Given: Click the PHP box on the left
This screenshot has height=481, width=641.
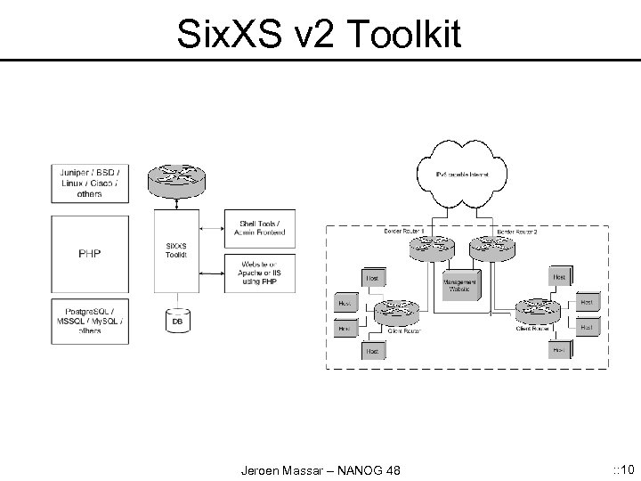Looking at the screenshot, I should pos(90,253).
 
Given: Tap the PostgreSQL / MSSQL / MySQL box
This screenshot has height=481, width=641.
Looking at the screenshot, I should pos(90,320).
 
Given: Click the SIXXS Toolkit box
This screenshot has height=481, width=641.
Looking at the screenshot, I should pos(174,250).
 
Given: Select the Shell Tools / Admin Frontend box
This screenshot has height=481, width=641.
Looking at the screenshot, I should pos(263,228).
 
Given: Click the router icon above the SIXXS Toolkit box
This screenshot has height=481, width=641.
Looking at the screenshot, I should pos(174,179).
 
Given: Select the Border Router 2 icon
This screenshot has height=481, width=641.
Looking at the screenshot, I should pos(491,246).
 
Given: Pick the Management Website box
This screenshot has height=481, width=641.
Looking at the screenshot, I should pos(460,284).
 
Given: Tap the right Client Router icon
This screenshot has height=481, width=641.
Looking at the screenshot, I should pos(537,312).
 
